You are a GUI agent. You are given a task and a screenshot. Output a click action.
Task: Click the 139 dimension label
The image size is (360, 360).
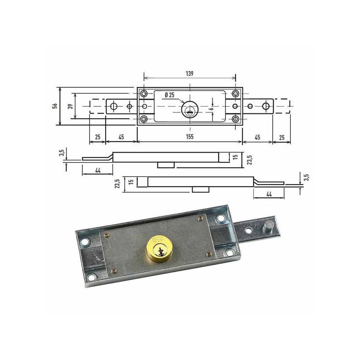[189, 73]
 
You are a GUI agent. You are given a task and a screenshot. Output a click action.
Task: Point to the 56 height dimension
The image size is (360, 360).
[55, 106]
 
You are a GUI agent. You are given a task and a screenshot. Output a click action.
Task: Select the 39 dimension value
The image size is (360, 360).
[71, 106]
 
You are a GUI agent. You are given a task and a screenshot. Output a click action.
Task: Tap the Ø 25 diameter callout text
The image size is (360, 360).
[170, 94]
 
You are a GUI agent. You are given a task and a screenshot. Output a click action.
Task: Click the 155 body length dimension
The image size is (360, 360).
[189, 137]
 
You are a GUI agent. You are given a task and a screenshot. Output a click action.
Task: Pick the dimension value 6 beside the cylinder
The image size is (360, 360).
[212, 108]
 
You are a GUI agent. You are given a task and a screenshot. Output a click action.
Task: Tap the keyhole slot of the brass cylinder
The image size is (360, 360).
[160, 252]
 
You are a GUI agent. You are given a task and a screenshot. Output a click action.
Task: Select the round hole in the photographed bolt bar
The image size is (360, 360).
[248, 230]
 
